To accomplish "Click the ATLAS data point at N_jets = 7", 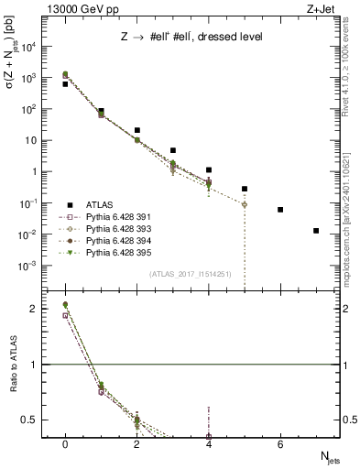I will tap(316, 231).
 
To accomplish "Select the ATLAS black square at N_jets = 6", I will tap(280, 210).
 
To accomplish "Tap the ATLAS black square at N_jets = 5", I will tap(245, 189).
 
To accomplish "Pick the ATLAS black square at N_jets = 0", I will tap(65, 83).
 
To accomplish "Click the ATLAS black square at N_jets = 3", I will tap(173, 150).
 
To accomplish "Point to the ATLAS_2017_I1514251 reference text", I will tap(190, 274).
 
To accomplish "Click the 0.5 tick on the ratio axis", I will tap(36, 420).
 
